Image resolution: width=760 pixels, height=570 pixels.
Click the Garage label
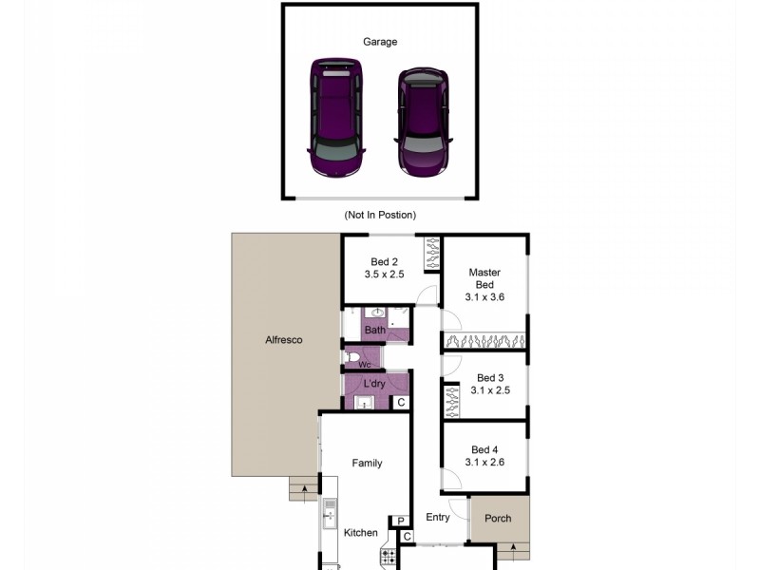(380, 42)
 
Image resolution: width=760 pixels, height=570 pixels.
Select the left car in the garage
(336, 120)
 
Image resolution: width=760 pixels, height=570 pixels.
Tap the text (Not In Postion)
(380, 216)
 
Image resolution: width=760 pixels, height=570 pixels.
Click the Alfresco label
(283, 339)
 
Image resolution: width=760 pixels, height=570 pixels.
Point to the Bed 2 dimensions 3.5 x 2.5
(384, 275)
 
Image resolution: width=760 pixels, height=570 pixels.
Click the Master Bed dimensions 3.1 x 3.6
(484, 297)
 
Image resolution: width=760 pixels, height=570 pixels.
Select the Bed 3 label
(490, 377)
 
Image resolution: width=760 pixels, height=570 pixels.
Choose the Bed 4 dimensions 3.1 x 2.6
(484, 463)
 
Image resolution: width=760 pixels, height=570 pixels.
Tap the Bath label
(375, 331)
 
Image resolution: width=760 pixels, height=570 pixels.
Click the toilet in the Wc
(353, 358)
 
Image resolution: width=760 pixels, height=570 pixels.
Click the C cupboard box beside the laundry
(401, 403)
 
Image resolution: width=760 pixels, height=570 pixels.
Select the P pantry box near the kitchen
(401, 520)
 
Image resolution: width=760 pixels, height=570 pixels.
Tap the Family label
(368, 464)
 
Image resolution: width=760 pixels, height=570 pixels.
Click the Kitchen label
(361, 533)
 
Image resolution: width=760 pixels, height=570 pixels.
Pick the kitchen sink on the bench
(331, 516)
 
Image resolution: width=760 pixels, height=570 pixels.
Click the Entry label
(438, 518)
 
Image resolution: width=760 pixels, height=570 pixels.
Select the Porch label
(498, 519)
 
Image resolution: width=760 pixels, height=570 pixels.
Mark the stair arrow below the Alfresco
(304, 490)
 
